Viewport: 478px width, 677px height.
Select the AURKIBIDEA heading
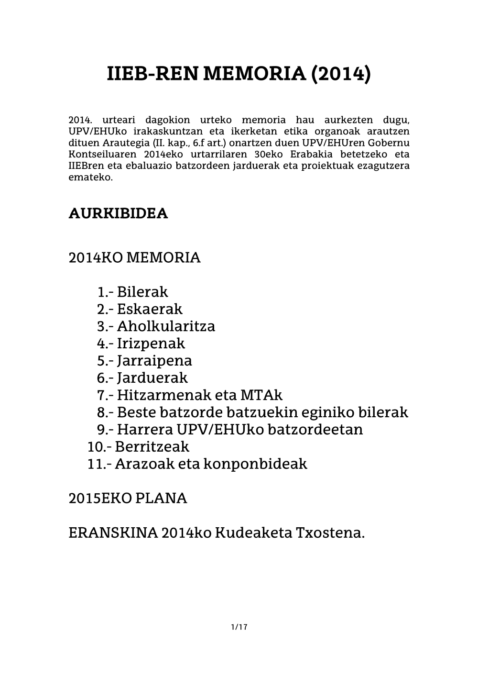coord(118,213)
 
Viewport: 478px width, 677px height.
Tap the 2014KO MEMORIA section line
coord(134,257)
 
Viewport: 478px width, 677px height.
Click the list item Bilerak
coord(142,292)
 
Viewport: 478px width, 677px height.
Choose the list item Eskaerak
coord(149,309)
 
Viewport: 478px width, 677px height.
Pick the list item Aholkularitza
coord(166,326)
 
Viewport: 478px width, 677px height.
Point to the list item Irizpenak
coord(151,344)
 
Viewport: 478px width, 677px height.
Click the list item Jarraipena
coord(154,361)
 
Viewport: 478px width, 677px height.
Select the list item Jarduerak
coord(152,378)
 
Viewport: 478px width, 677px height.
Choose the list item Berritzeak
coord(152,447)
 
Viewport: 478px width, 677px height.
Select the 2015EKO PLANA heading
coord(128,499)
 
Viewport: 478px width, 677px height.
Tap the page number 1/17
coord(239,627)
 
